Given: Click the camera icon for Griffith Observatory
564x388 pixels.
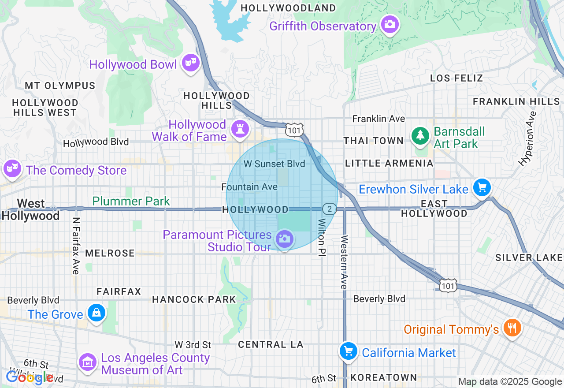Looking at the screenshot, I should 390,24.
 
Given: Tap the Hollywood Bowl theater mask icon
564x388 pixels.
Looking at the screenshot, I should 190,63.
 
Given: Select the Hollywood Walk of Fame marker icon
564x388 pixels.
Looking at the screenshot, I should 240,129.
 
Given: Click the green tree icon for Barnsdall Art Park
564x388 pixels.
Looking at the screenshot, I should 421,135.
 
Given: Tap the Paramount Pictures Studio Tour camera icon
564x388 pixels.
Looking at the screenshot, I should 284,239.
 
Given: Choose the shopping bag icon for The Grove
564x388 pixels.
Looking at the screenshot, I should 96,313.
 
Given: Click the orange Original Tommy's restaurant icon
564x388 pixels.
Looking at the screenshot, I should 512,328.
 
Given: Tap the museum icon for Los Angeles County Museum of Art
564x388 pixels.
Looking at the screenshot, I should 88,362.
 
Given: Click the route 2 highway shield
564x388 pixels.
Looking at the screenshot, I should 329,209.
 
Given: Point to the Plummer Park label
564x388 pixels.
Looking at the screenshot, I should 131,201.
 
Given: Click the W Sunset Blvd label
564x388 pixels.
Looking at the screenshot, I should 274,164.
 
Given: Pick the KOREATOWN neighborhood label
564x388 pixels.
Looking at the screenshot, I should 383,377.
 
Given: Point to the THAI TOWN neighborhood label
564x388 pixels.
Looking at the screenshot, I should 373,141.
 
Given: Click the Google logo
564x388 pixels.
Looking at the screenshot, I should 29,377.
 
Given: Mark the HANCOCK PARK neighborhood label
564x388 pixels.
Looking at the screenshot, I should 194,300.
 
